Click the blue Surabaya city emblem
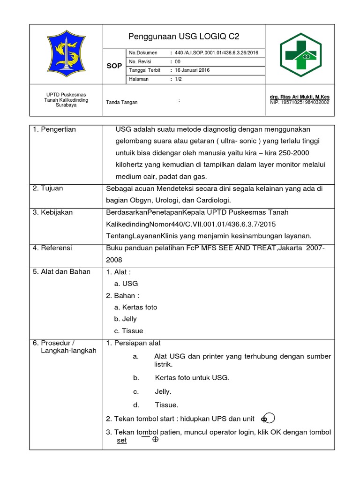point(66,54)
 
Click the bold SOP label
point(114,66)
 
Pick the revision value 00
point(177,62)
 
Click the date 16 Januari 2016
point(192,70)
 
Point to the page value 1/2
point(179,79)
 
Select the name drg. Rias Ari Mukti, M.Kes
point(300,97)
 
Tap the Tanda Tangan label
point(122,102)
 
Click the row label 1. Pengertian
point(55,129)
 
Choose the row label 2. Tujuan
point(48,188)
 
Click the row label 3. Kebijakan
point(53,212)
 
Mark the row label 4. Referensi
point(52,248)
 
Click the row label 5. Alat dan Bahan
point(62,271)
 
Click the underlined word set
point(122,441)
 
